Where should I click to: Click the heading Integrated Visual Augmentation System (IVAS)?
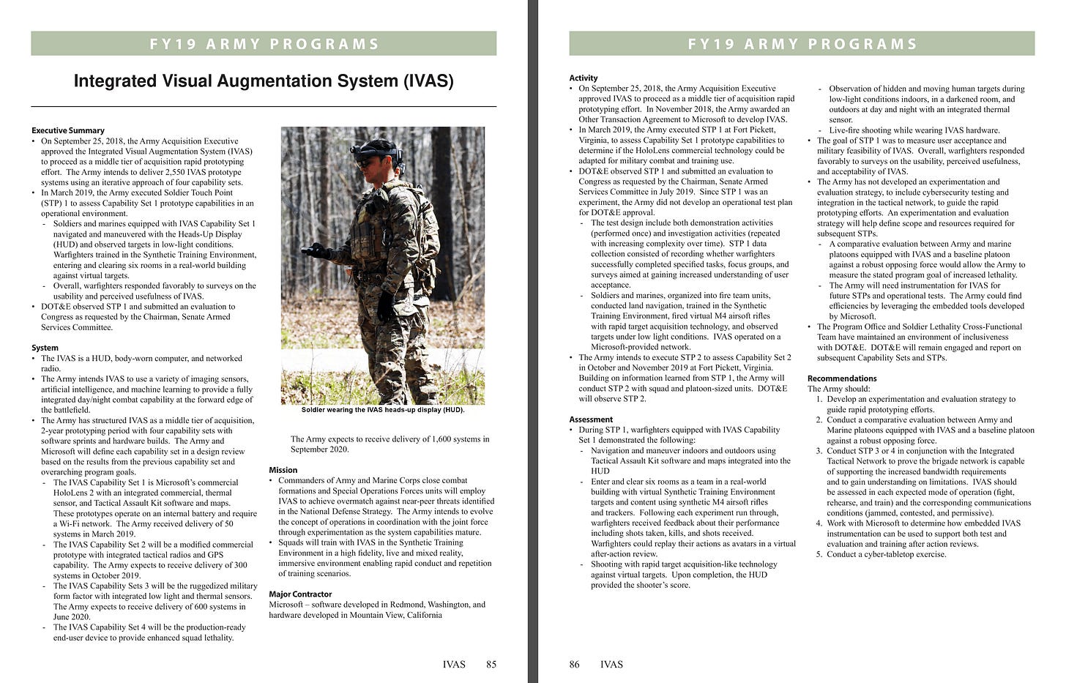pyautogui.click(x=264, y=81)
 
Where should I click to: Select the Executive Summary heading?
pyautogui.click(x=68, y=130)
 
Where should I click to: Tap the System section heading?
pyautogui.click(x=45, y=348)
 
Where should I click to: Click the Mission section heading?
pyautogui.click(x=283, y=470)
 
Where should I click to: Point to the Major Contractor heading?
pyautogui.click(x=300, y=594)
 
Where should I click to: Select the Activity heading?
pyautogui.click(x=584, y=78)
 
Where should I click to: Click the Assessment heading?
pyautogui.click(x=591, y=419)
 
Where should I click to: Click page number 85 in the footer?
pyautogui.click(x=491, y=665)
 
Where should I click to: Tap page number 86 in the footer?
pyautogui.click(x=575, y=665)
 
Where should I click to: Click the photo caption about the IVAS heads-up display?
pyautogui.click(x=383, y=410)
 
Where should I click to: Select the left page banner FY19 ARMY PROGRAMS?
pyautogui.click(x=264, y=44)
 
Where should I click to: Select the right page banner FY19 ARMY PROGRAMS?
pyautogui.click(x=802, y=44)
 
